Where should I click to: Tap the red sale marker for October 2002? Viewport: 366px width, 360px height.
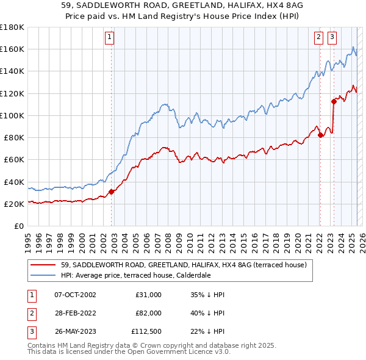coord(112,192)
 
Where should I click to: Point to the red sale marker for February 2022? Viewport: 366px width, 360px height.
coord(320,135)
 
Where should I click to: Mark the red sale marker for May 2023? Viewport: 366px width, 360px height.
coord(334,101)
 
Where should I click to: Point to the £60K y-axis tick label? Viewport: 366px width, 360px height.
coord(14,159)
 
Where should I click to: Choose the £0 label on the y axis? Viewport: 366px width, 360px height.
coord(18,226)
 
